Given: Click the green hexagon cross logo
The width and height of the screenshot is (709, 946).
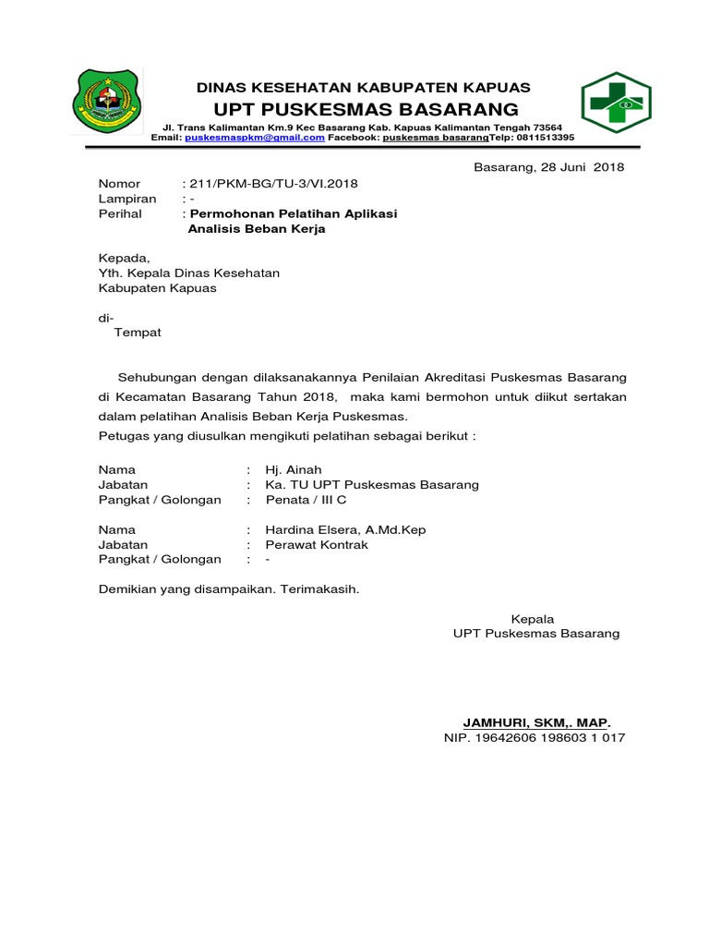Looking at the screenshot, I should [616, 103].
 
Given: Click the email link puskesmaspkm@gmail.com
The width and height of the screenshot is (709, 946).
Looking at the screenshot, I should [255, 137].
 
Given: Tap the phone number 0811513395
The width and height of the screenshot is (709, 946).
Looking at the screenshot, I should [545, 137].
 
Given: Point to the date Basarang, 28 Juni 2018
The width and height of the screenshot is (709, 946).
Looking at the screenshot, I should [548, 167].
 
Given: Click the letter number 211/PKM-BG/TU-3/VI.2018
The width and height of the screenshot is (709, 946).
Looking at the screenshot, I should [272, 184].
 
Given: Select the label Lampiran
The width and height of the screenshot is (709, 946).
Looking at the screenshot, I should [127, 199].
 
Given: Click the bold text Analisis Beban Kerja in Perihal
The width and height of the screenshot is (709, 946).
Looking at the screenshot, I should [257, 228].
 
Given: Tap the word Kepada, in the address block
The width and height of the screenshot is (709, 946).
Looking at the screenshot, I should [124, 258].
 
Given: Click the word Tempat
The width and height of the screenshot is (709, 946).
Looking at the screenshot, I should [137, 332].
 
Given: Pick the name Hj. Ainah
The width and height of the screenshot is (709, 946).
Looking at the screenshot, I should [294, 470].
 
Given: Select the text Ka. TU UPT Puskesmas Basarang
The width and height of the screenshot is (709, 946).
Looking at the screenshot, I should [372, 485].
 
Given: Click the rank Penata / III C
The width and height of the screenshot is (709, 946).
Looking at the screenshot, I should [306, 500].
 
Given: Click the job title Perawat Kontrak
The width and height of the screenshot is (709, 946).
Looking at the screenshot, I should [317, 544].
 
